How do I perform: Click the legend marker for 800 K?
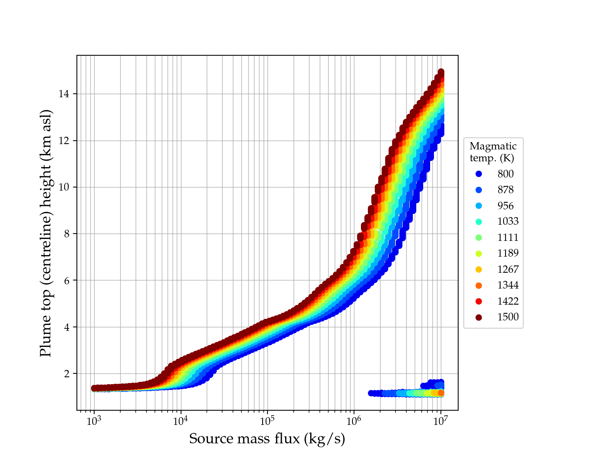click(479, 174)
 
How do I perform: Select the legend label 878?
click(505, 190)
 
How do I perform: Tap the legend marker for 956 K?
click(479, 206)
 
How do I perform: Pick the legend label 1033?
click(508, 221)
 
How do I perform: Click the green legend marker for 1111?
click(479, 237)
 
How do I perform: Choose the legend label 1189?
click(508, 253)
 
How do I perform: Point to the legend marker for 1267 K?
click(479, 269)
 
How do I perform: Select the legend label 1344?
click(508, 285)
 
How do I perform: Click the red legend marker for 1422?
click(479, 301)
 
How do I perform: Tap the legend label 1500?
click(508, 317)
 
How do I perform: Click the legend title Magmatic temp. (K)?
click(493, 152)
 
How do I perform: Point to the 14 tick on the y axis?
click(64, 94)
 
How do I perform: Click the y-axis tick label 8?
click(67, 234)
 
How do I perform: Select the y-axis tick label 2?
click(67, 374)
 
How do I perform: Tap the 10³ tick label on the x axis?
click(94, 421)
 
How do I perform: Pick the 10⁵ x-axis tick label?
click(267, 421)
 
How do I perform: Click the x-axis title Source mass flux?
click(267, 439)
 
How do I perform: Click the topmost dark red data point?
click(441, 72)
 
